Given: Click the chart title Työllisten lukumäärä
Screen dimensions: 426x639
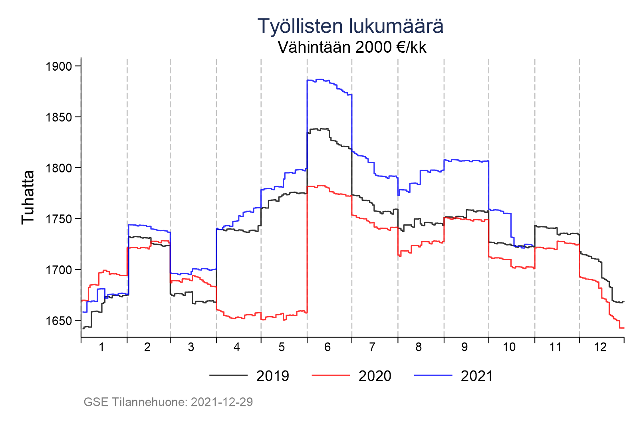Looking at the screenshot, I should pos(350,26).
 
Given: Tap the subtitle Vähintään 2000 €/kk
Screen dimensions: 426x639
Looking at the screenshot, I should pos(352,48).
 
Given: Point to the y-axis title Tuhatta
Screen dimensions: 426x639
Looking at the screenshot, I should pos(28,197).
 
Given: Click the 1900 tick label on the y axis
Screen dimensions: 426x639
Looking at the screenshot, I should pos(58,66).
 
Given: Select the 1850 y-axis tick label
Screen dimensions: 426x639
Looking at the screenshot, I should pos(58,117).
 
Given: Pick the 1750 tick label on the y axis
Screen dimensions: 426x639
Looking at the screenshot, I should pos(58,219).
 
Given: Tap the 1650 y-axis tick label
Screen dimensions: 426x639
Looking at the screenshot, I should pos(58,321).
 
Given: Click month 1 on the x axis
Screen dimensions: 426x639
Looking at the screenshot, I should pos(101,347).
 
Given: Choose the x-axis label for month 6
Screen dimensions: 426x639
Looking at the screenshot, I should pos(327,347).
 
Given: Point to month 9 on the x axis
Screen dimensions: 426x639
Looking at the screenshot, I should pos(464,347).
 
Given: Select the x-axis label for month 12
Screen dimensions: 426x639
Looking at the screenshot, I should pos(600,347).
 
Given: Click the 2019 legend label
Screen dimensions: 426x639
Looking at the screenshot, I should pos(272,376).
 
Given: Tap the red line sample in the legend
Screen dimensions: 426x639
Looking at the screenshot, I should pos(330,376).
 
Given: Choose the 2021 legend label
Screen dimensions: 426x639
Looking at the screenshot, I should pos(477,376).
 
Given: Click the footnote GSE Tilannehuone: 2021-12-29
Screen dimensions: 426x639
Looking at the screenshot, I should pos(168,402).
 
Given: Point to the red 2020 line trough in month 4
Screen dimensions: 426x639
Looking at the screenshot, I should pos(240,318).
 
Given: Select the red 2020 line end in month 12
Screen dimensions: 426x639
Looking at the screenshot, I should pos(621,328).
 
